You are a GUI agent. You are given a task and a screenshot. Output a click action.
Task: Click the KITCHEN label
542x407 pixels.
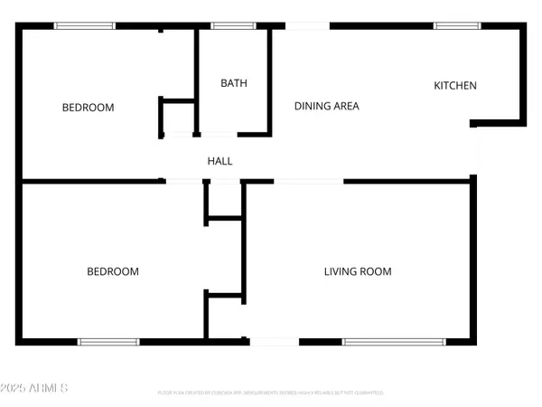(x=455, y=86)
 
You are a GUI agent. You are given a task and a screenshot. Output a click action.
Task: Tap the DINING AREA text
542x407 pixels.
(x=327, y=106)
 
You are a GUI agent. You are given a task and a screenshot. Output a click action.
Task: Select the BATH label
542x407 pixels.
(x=234, y=83)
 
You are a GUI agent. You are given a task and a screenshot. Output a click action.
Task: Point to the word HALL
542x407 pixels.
(x=220, y=161)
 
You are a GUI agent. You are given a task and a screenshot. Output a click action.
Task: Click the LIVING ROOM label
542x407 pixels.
(x=358, y=271)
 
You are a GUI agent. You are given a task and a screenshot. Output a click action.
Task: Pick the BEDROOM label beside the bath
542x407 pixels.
(x=88, y=108)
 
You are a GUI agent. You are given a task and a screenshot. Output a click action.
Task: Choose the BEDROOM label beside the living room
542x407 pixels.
(x=113, y=271)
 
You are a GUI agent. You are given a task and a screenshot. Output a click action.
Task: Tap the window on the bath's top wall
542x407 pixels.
(x=234, y=26)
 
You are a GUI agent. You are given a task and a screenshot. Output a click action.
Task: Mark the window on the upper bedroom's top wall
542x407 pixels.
(x=79, y=26)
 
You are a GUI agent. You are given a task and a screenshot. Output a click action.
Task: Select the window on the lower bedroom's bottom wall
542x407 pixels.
(x=108, y=342)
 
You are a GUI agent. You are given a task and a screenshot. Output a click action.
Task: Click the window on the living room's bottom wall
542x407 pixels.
(x=394, y=342)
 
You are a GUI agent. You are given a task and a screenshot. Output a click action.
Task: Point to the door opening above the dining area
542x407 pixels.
(x=308, y=26)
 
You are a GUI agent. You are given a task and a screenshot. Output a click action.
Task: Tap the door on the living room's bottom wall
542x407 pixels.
(x=274, y=342)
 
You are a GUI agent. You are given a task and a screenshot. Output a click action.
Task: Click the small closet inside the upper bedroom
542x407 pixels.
(x=178, y=117)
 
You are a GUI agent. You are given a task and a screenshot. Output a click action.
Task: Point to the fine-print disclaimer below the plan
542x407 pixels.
(x=271, y=393)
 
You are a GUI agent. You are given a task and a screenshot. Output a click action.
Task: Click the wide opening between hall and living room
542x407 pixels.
(x=308, y=182)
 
